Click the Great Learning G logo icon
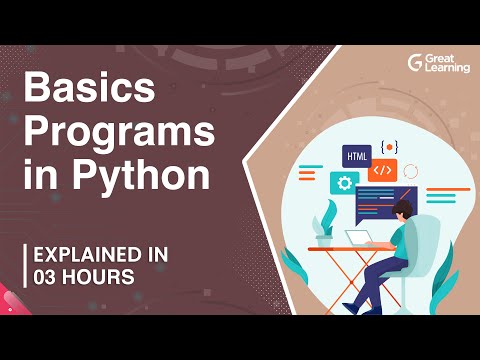[415, 62]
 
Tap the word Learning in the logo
[443, 67]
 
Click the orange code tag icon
[383, 171]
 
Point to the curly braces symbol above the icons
[390, 147]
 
